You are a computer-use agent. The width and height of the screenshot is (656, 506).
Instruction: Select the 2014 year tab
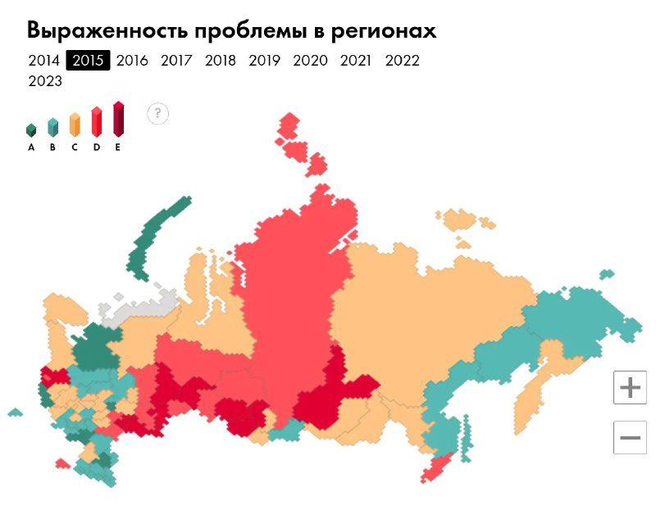[43, 61]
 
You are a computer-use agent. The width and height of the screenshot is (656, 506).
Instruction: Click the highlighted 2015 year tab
[88, 61]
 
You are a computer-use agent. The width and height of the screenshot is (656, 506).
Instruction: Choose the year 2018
[220, 61]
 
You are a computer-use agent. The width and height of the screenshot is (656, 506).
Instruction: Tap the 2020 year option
[310, 61]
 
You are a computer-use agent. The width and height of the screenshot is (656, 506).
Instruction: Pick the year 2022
[402, 61]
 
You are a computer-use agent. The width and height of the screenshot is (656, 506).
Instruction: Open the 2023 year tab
[45, 81]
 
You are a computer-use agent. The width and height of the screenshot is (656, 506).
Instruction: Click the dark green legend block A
[31, 130]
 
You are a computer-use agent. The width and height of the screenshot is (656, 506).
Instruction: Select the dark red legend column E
[118, 119]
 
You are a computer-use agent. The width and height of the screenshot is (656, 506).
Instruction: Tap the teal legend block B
[52, 127]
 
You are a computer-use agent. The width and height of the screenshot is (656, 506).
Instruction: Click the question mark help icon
[158, 113]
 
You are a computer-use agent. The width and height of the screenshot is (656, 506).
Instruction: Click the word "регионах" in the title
[383, 31]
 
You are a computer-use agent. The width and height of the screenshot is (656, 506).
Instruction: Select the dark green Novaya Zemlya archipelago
[156, 234]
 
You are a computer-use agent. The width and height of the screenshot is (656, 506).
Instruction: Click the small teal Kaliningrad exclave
[15, 412]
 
